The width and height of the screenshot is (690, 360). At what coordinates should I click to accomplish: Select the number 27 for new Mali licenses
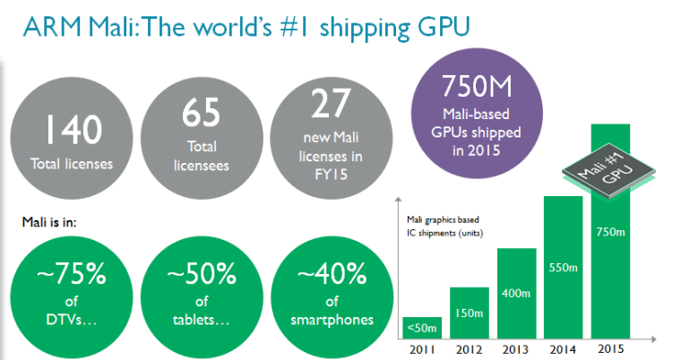323,105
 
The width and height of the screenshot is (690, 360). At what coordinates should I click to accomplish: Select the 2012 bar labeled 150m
469,313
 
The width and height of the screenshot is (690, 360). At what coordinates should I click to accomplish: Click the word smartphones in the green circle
323,320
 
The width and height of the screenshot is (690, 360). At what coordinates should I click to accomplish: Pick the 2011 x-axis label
420,348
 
